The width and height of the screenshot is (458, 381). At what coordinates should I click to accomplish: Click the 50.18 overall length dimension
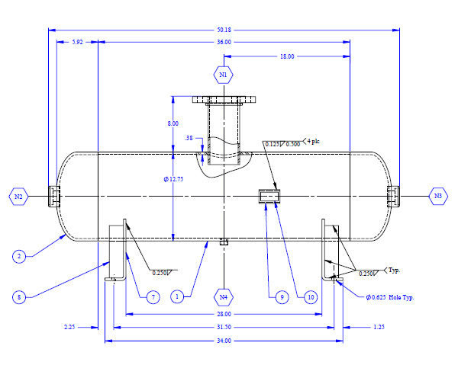tap(224, 30)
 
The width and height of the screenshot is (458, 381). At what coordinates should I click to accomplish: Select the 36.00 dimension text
tap(224, 42)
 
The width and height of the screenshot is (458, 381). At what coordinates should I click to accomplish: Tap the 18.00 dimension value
tap(286, 56)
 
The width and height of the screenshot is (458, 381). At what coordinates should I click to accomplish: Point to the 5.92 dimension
tap(77, 42)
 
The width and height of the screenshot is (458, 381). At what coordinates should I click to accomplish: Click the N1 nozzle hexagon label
tap(224, 75)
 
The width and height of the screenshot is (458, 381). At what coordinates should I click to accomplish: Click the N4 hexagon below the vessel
tap(224, 296)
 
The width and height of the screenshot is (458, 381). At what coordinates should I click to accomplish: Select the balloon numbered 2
tap(18, 257)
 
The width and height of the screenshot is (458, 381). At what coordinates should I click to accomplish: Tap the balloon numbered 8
tap(18, 296)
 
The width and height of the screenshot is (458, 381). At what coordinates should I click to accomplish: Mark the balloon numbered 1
tap(178, 296)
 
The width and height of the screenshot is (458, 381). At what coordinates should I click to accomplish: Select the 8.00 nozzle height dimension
tap(173, 123)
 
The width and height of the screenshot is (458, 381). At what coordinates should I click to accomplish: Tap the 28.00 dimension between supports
tap(224, 313)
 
